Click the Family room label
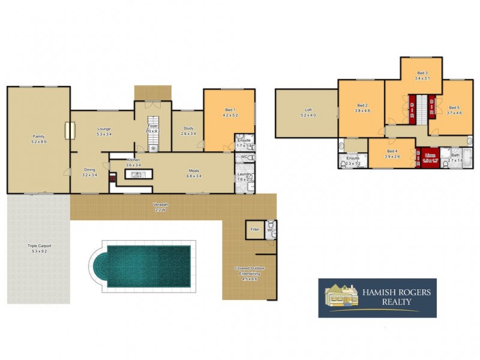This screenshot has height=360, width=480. coord(38,137)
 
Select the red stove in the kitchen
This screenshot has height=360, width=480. coord(112,178)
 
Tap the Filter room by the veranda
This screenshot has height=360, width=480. coord(254,229)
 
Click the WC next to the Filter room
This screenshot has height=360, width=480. coord(271,229)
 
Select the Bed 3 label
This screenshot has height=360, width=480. coord(422,73)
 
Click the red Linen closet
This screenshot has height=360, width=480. coord(428,157)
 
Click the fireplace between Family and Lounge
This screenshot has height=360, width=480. coord(70,131)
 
